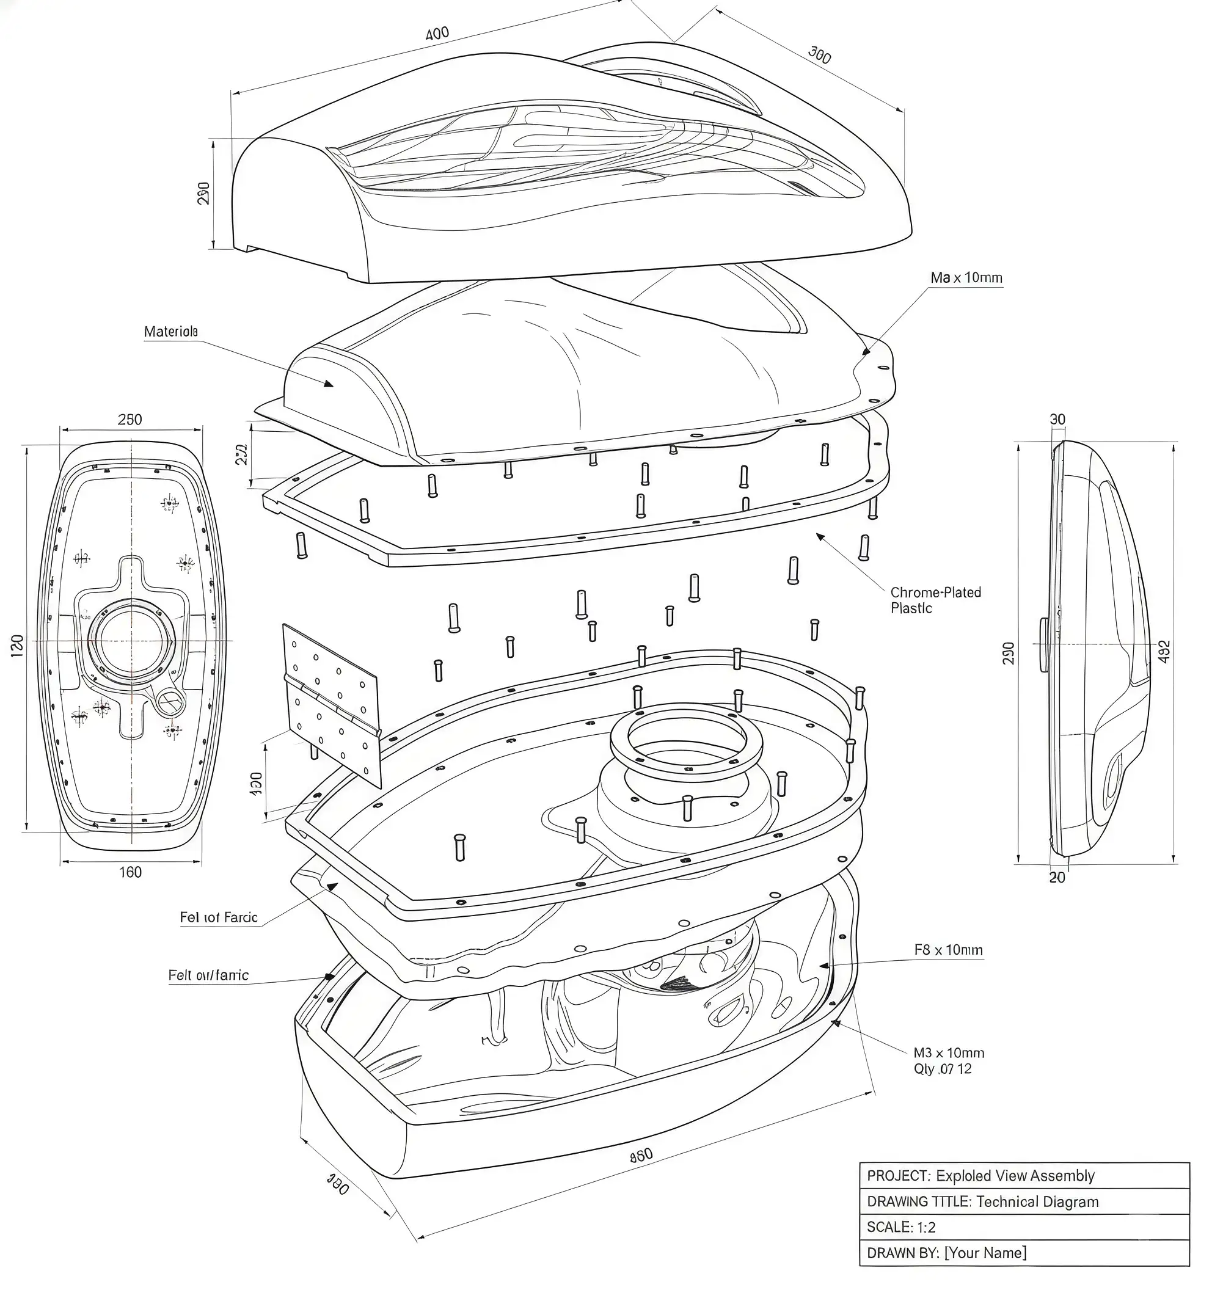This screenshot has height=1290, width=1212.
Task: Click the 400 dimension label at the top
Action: (437, 33)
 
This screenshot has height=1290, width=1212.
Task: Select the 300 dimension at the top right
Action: (819, 55)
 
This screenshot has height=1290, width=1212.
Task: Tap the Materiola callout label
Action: (170, 332)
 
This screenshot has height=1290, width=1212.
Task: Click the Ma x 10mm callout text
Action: (966, 278)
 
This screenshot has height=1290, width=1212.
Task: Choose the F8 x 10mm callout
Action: (948, 950)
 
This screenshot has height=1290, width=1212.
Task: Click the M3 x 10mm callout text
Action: (948, 1052)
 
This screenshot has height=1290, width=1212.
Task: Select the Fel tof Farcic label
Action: (219, 917)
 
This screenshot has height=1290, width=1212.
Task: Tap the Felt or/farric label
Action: (208, 975)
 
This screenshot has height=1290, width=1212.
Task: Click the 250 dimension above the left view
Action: (130, 419)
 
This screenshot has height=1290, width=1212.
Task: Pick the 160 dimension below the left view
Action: (130, 872)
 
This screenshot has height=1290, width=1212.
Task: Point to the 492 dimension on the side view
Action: (1164, 652)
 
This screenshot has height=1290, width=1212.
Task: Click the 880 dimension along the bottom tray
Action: (641, 1155)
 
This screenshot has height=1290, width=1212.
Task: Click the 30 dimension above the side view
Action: (1057, 419)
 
